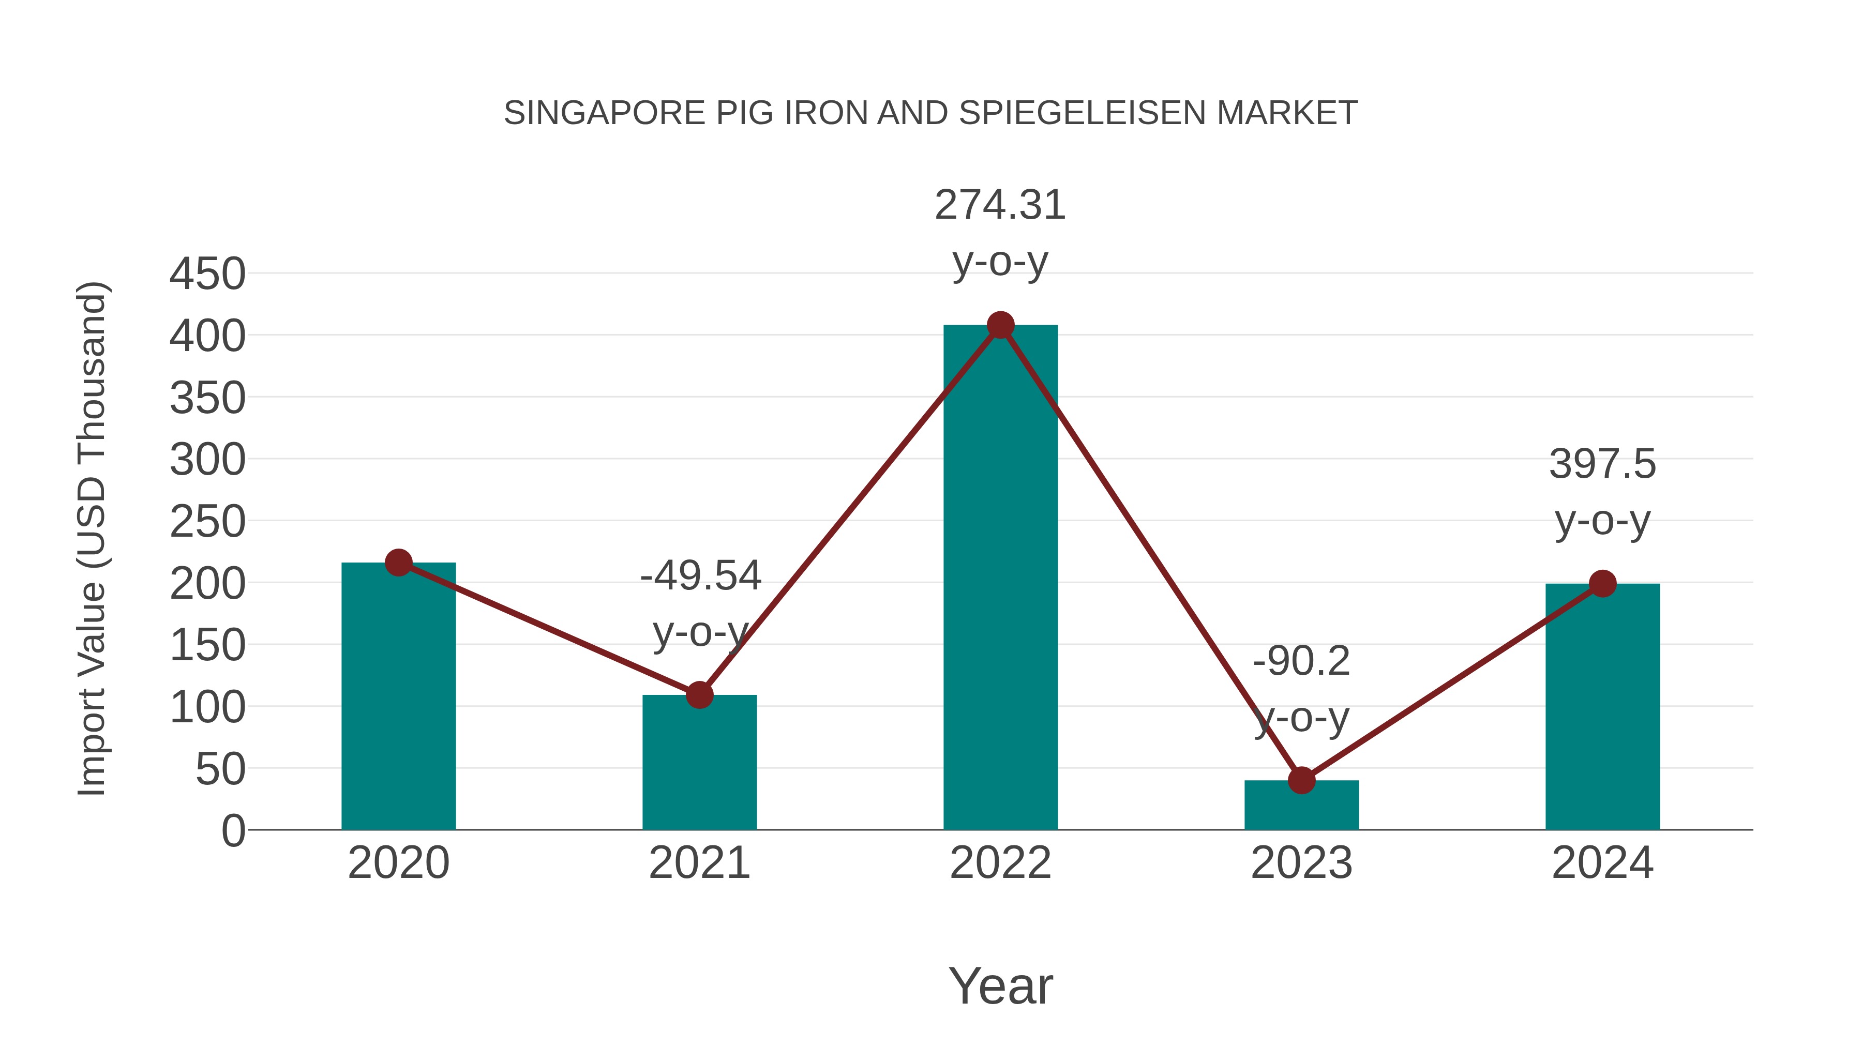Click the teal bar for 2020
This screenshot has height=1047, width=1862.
398,697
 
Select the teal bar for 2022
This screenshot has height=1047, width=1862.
1000,578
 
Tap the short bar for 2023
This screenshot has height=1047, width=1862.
1301,805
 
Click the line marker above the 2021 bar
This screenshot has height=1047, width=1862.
699,695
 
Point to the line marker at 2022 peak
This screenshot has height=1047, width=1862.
1000,325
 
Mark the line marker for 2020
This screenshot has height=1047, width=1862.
398,562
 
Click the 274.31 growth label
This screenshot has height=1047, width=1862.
1000,205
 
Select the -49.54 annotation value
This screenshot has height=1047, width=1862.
700,576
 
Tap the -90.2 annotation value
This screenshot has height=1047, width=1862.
1301,661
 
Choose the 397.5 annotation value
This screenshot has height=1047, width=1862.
1602,464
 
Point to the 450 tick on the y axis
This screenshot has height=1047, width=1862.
207,275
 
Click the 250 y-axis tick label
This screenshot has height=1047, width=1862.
207,522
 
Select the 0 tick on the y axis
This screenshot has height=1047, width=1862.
233,830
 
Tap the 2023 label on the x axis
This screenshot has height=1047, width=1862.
1301,863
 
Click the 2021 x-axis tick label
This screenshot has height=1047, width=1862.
699,863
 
